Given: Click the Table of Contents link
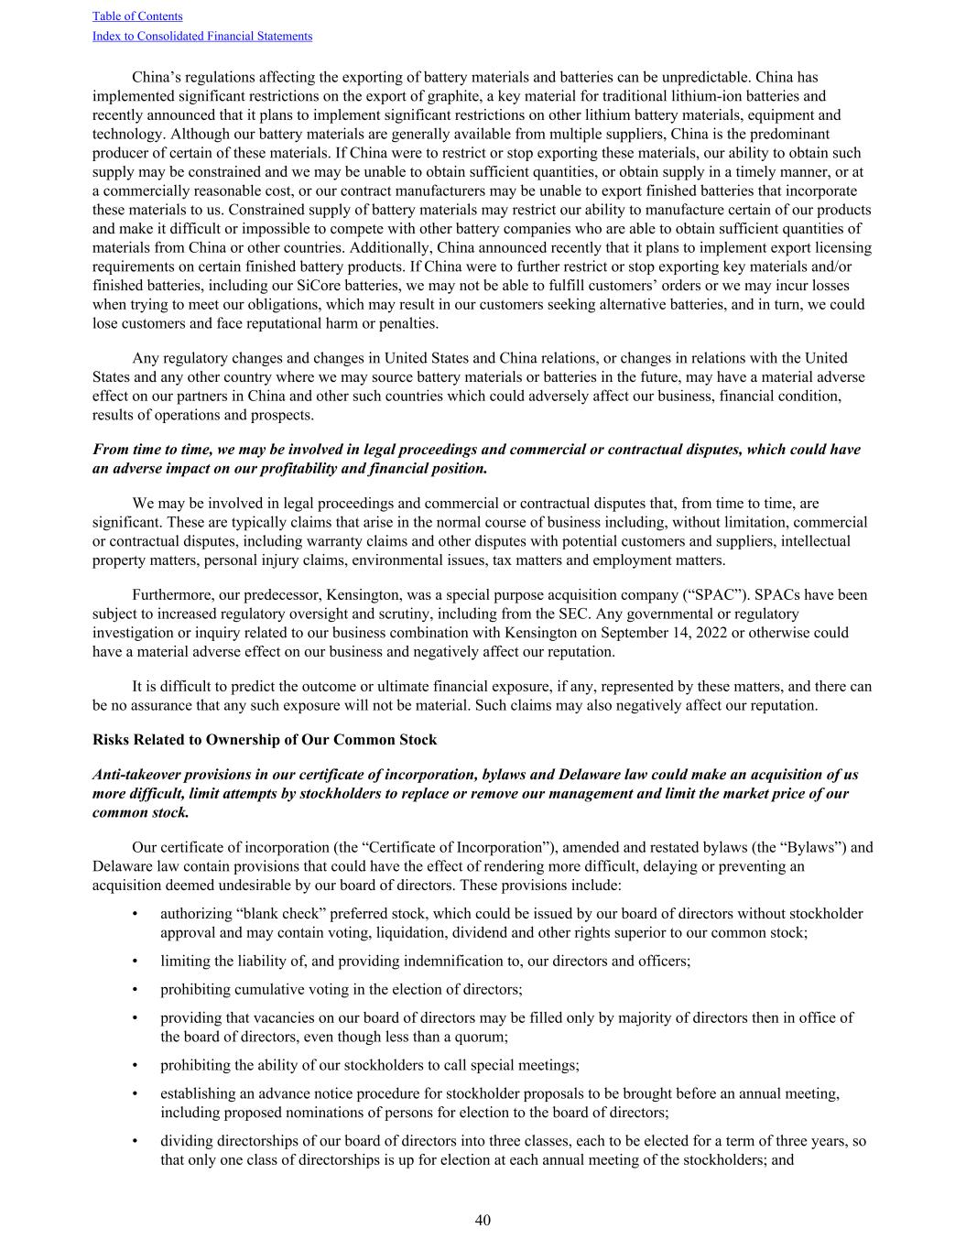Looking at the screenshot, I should [137, 16].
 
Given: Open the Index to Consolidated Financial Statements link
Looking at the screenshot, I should [202, 37].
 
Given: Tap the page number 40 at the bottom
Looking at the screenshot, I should [483, 1220].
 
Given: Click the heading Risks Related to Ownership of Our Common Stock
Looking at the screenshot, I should [265, 740].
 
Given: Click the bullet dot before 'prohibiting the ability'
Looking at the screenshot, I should [136, 1065].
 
